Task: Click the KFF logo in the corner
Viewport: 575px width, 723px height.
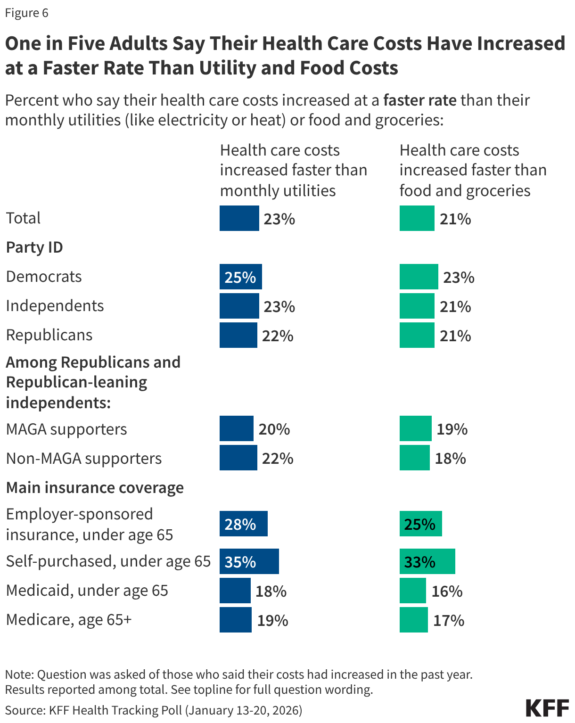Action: (x=547, y=708)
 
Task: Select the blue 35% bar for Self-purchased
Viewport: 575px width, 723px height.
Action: (x=249, y=561)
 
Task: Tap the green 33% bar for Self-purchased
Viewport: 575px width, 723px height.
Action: (x=427, y=561)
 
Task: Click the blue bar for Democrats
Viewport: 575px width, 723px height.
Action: (x=240, y=277)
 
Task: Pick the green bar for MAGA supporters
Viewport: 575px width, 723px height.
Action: (x=415, y=428)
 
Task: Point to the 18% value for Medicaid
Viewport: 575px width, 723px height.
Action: (x=271, y=591)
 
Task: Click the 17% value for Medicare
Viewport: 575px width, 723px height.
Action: (x=448, y=620)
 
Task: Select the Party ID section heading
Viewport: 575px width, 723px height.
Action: (x=34, y=247)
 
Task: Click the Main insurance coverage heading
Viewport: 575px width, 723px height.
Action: (x=95, y=487)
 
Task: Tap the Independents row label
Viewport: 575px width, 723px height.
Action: (x=55, y=306)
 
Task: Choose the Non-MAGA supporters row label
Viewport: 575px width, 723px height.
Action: (x=83, y=458)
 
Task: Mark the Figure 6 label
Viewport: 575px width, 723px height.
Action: (x=26, y=13)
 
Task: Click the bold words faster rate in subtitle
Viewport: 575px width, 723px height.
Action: (x=419, y=100)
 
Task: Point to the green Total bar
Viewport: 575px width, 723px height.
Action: (x=417, y=218)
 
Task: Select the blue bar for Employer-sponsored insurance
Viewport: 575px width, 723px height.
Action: (x=243, y=524)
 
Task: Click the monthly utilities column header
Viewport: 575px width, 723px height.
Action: (x=293, y=170)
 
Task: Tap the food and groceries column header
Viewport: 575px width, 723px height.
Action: (x=473, y=170)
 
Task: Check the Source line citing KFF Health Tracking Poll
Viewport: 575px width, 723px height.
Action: (x=154, y=710)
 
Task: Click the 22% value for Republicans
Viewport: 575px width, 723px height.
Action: (x=278, y=336)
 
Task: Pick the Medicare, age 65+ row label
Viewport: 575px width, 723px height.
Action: (x=69, y=619)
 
